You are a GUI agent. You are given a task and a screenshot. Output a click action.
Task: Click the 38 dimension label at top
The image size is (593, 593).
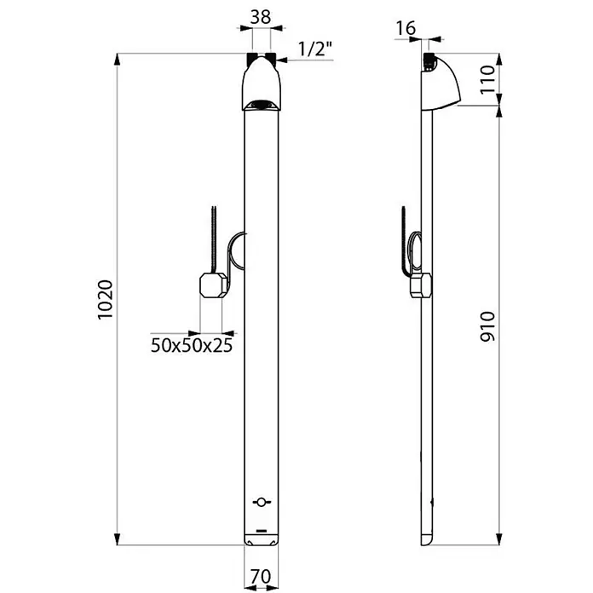point(261,17)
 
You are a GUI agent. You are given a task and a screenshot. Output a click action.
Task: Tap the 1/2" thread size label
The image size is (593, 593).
point(315,49)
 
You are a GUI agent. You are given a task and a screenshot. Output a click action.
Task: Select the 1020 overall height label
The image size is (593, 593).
point(106,300)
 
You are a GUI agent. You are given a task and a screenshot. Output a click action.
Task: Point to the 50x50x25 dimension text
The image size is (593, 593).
point(192,345)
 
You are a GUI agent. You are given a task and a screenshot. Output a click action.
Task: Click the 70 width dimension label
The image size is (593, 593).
point(261,577)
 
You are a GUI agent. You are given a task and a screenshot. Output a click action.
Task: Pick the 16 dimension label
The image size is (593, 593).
point(406,28)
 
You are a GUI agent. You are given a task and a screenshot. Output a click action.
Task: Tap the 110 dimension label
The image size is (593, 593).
point(487,80)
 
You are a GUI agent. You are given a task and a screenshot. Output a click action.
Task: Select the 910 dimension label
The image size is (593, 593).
point(487,327)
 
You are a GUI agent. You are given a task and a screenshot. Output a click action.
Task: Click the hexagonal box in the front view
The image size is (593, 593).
point(214,285)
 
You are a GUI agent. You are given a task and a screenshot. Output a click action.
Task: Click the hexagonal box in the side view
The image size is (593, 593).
point(421,285)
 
